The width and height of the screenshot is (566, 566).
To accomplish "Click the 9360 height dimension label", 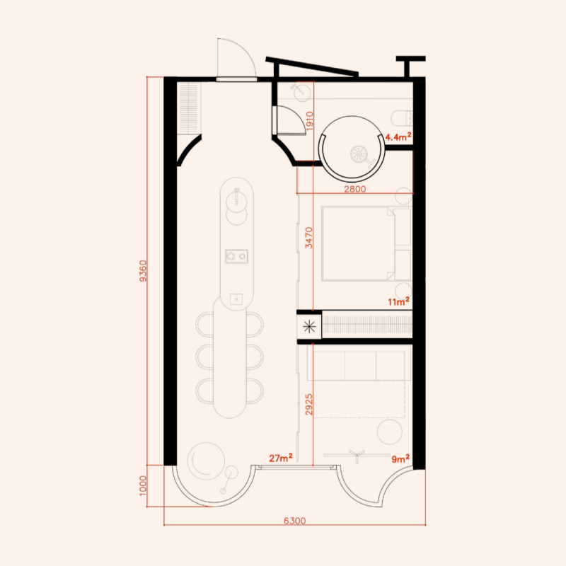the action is [144, 271].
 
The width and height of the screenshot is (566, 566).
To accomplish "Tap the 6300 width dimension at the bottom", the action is [294, 521].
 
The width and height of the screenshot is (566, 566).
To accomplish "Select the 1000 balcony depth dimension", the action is [144, 485].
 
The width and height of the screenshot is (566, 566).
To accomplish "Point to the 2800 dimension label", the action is [355, 189].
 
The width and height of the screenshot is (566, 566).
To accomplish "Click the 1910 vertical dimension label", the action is [310, 121].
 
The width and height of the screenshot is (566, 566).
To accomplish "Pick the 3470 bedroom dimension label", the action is [309, 238].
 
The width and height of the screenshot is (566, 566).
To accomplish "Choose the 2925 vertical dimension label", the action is [309, 404].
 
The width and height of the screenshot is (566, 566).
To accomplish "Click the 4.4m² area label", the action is [398, 137].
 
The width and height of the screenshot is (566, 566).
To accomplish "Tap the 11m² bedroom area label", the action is [398, 301].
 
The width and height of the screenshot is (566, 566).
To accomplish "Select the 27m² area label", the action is [281, 458].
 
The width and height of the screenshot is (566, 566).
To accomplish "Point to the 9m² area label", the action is [400, 458].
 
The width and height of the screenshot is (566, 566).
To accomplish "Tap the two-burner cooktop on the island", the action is [236, 256].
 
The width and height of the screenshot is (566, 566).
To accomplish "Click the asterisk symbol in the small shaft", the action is [309, 327].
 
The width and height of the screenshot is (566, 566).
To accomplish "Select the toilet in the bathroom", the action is [402, 117].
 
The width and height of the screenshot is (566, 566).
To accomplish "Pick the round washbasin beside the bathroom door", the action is [300, 91].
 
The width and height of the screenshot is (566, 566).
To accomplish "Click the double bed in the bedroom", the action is [366, 243].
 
